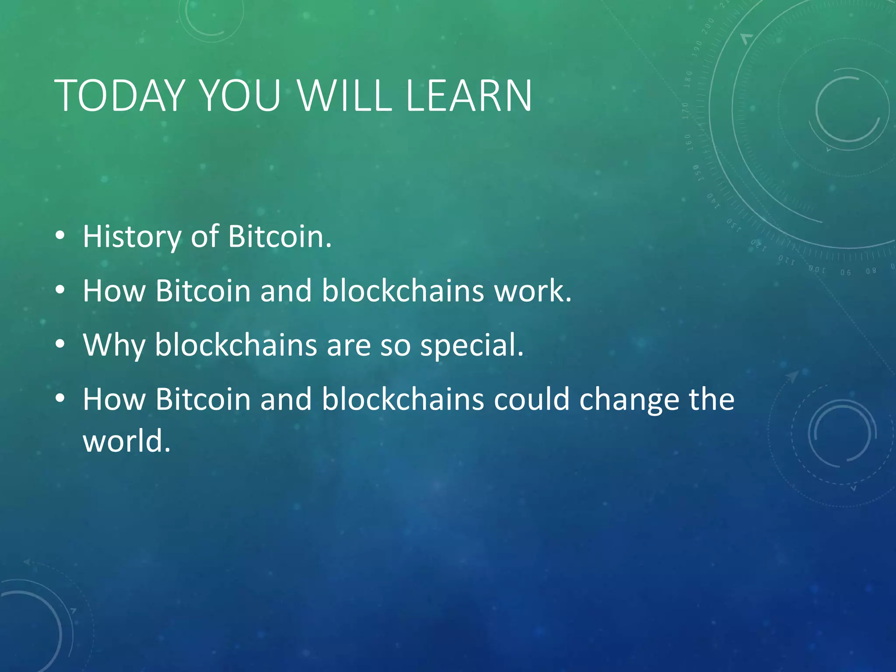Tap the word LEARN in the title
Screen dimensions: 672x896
point(469,96)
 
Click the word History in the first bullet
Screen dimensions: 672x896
point(132,237)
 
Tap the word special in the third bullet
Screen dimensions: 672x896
point(472,346)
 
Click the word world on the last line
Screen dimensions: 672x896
point(126,441)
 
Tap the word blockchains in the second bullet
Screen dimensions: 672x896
point(403,291)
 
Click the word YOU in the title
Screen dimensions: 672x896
point(240,96)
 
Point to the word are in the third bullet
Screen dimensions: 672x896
point(348,346)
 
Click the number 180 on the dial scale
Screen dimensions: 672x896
point(688,79)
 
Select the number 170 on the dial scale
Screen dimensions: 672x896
point(686,111)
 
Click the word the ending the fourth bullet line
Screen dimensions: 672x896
point(711,400)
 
